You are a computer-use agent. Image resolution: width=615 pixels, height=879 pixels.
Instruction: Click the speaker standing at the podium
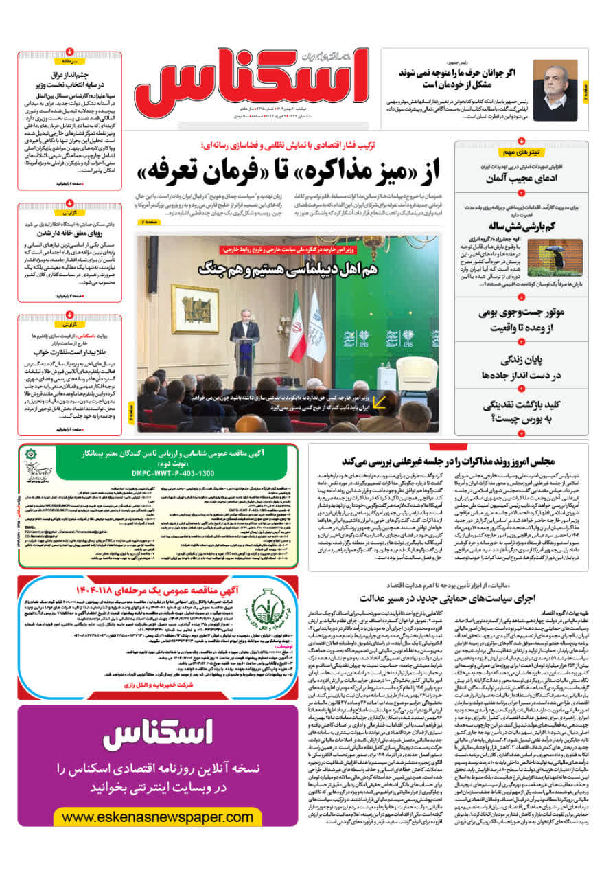[x=245, y=336]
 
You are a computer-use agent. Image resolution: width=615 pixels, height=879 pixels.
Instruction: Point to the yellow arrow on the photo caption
[x=378, y=402]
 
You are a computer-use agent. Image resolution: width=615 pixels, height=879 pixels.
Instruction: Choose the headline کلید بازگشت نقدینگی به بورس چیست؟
[x=522, y=411]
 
